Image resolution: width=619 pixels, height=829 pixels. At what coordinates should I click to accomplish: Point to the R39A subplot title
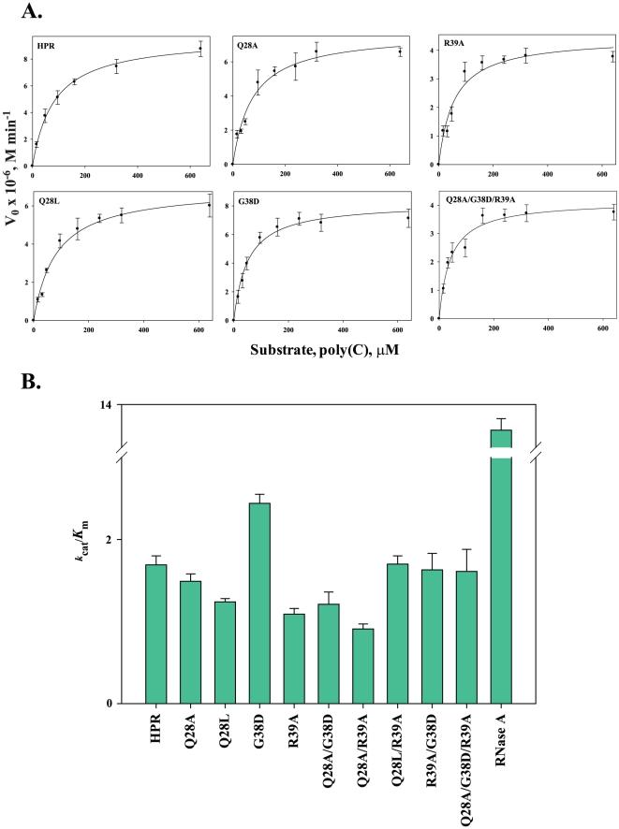click(453, 42)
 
